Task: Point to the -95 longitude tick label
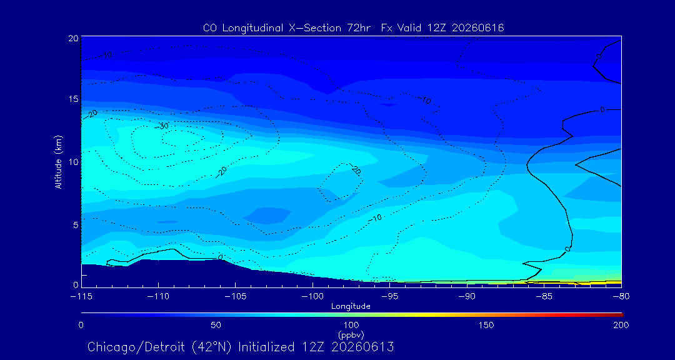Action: click(x=389, y=297)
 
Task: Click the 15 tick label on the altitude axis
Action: click(x=74, y=99)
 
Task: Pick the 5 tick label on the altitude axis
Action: click(x=76, y=225)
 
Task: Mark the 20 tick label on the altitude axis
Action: click(x=73, y=38)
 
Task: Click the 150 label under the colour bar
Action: click(x=487, y=325)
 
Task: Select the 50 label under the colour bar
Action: click(x=216, y=325)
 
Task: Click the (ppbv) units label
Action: click(x=351, y=334)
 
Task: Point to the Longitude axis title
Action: click(x=351, y=307)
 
